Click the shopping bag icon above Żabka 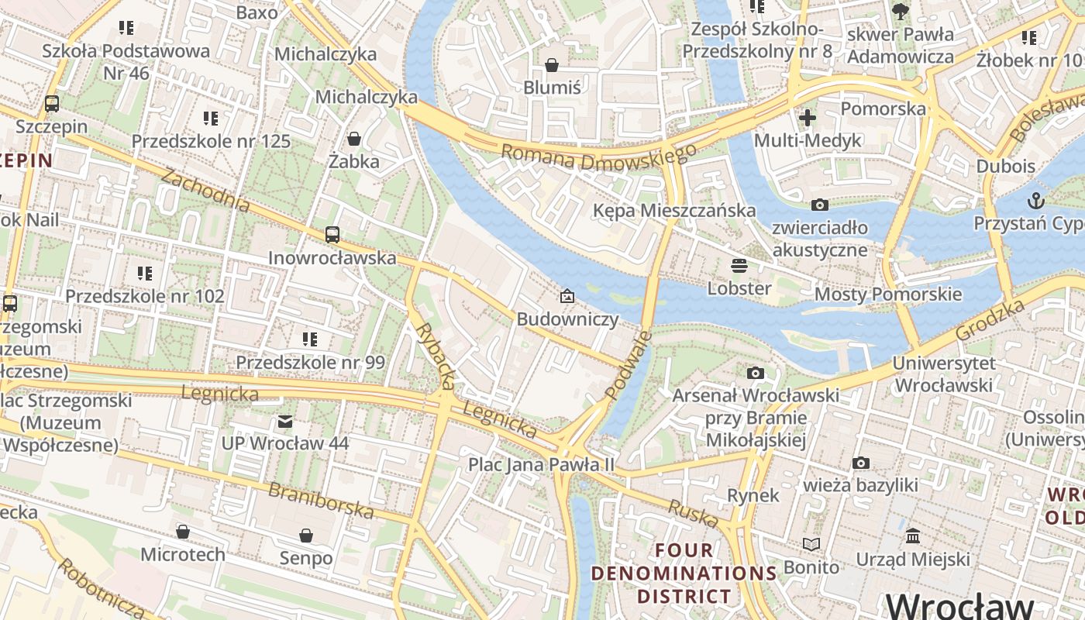(x=354, y=139)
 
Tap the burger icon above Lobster (x=739, y=266)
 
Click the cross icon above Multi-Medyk (x=808, y=118)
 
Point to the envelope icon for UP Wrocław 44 (x=285, y=422)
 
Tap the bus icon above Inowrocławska (x=332, y=234)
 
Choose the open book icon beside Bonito (x=811, y=545)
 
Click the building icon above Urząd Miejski (x=913, y=536)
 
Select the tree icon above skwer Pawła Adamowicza (x=900, y=11)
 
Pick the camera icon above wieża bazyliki (x=860, y=463)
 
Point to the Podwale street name (x=628, y=365)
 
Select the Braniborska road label (x=321, y=501)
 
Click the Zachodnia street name (x=205, y=190)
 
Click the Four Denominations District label (x=684, y=573)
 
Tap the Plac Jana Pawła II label (x=541, y=465)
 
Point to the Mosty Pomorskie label (x=887, y=294)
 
